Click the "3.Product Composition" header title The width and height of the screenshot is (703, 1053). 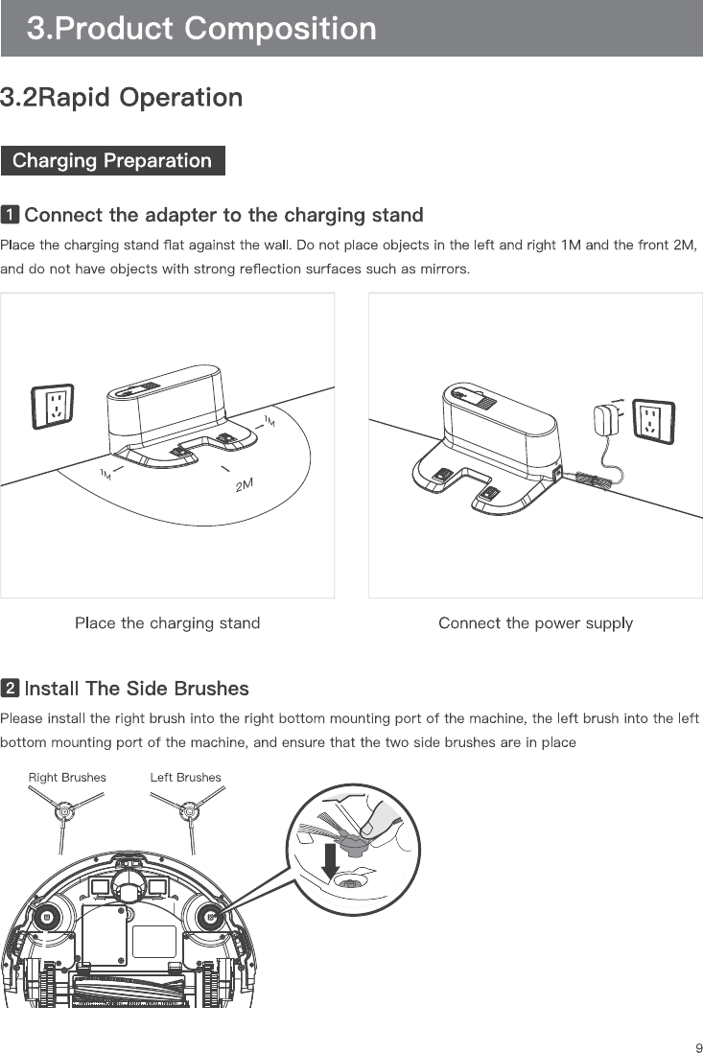tap(201, 29)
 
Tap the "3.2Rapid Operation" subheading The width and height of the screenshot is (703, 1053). tap(122, 98)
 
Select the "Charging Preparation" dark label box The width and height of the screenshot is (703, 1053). tap(112, 160)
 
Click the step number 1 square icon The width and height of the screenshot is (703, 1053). tap(10, 213)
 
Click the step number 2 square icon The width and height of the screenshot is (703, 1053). tap(10, 689)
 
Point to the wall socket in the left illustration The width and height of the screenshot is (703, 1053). tap(54, 408)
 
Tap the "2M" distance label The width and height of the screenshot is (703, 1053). tap(245, 485)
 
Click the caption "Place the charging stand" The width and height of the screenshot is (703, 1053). tap(167, 623)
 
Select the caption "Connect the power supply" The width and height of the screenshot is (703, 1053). tap(535, 623)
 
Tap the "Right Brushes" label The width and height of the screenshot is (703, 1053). tap(67, 777)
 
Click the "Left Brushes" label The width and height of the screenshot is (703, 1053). tap(185, 777)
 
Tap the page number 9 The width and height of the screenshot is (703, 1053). tap(698, 1047)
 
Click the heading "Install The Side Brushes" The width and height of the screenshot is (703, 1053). tap(136, 689)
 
